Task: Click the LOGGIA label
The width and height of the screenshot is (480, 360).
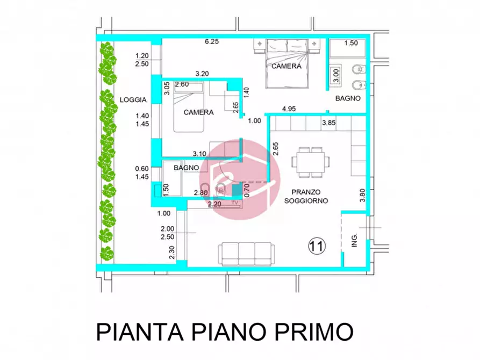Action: click(133, 100)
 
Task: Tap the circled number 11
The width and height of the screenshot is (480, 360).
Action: click(317, 246)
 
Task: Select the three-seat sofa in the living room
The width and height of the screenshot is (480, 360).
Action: click(245, 252)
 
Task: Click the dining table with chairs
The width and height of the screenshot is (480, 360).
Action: click(310, 161)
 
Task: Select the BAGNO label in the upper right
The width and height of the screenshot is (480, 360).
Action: click(348, 99)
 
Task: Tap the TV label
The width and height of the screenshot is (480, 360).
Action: click(235, 203)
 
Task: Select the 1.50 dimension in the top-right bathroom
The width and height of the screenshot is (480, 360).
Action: click(351, 43)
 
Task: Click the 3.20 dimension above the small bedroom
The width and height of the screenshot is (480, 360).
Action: click(202, 74)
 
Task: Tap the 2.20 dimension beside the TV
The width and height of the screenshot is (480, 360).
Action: click(214, 205)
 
